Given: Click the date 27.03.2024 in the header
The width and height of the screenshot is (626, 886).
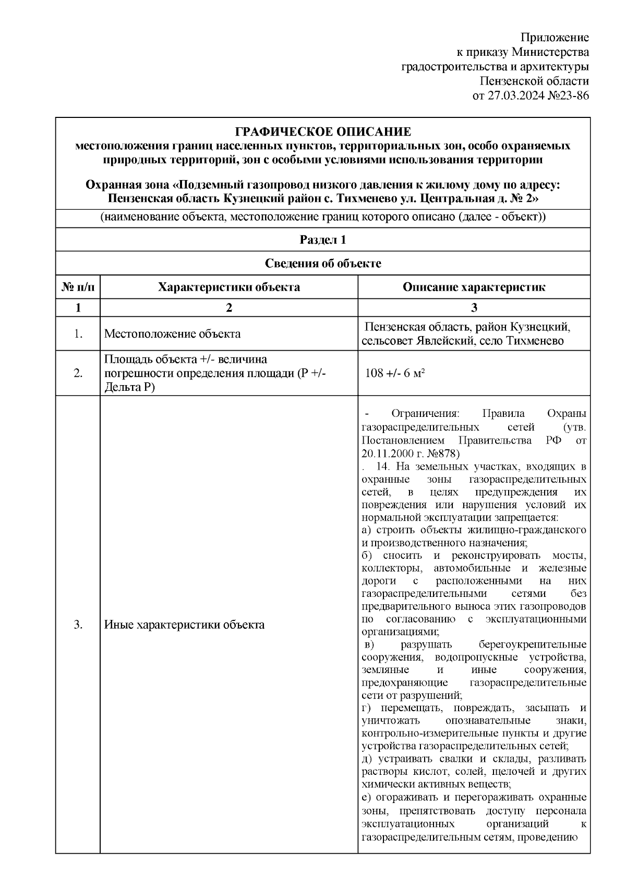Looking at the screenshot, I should click(514, 96).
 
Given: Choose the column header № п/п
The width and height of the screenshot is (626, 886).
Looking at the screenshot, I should click(78, 288).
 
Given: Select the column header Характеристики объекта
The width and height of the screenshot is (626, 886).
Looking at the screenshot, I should click(228, 288).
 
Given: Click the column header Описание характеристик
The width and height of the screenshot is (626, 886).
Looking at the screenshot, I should click(474, 288).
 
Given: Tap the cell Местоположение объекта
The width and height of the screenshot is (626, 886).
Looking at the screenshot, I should click(172, 334).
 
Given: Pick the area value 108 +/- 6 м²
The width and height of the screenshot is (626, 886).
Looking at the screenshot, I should click(394, 373).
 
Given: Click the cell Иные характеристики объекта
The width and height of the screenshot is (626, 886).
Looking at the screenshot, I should click(184, 625).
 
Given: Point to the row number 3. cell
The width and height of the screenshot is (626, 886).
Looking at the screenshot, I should click(78, 625).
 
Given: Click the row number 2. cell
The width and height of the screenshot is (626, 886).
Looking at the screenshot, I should click(78, 373).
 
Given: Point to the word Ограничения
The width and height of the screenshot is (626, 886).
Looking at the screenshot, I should click(425, 414).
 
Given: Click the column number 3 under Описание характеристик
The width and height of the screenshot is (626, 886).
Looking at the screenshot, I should click(474, 308).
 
